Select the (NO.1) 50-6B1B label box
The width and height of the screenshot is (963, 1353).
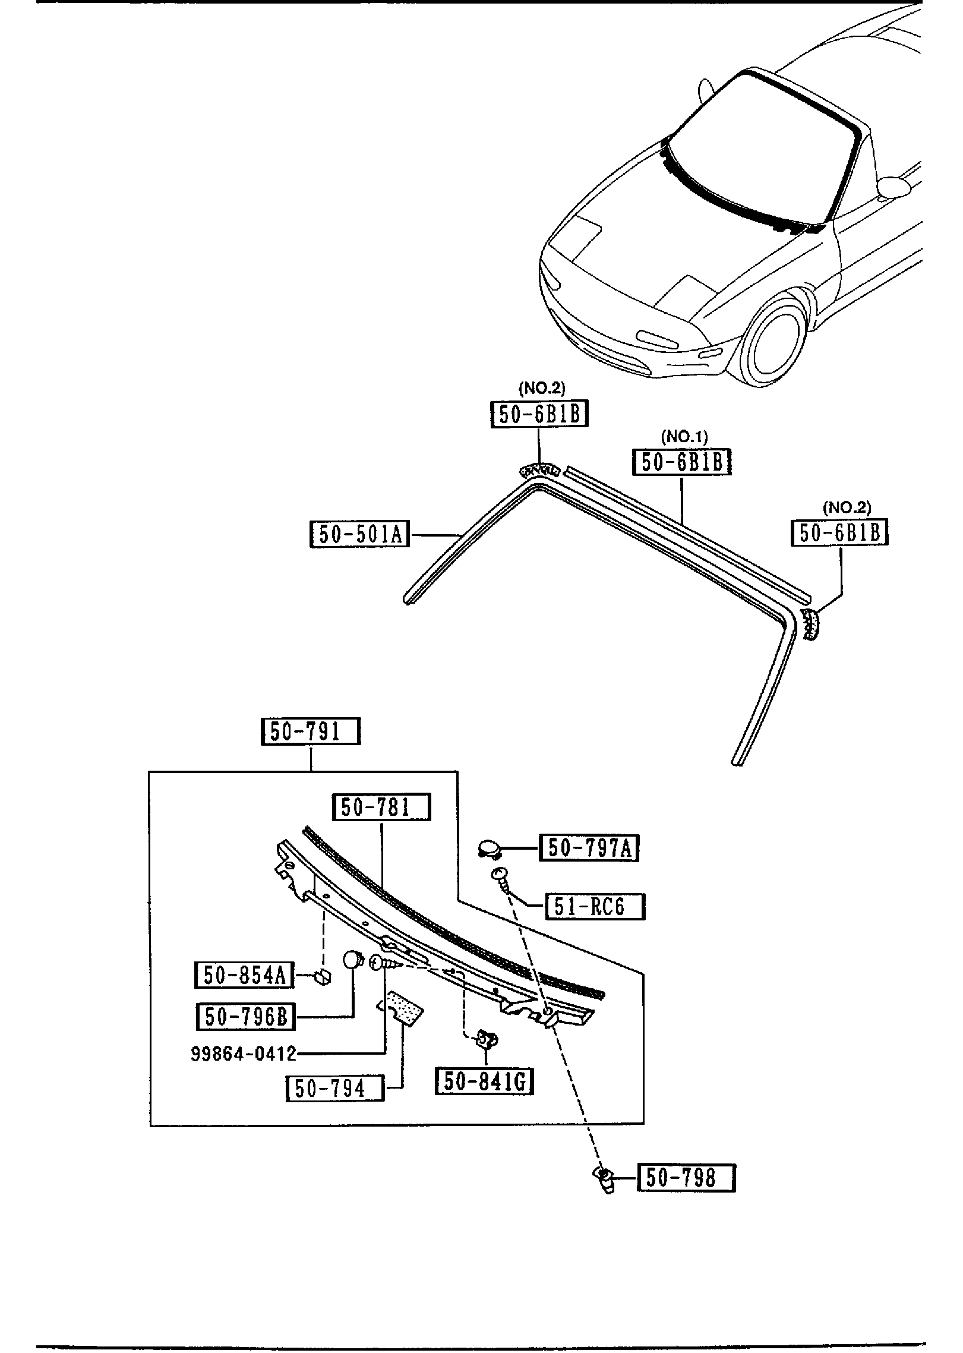coord(682,462)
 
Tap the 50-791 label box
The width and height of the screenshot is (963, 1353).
coord(311,731)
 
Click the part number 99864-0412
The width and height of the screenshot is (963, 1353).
coord(244,1054)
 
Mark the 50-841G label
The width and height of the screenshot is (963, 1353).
coord(484,1081)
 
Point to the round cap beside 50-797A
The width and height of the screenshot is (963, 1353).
coord(490,847)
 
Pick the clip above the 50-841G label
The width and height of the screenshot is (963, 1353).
coord(487,1039)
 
